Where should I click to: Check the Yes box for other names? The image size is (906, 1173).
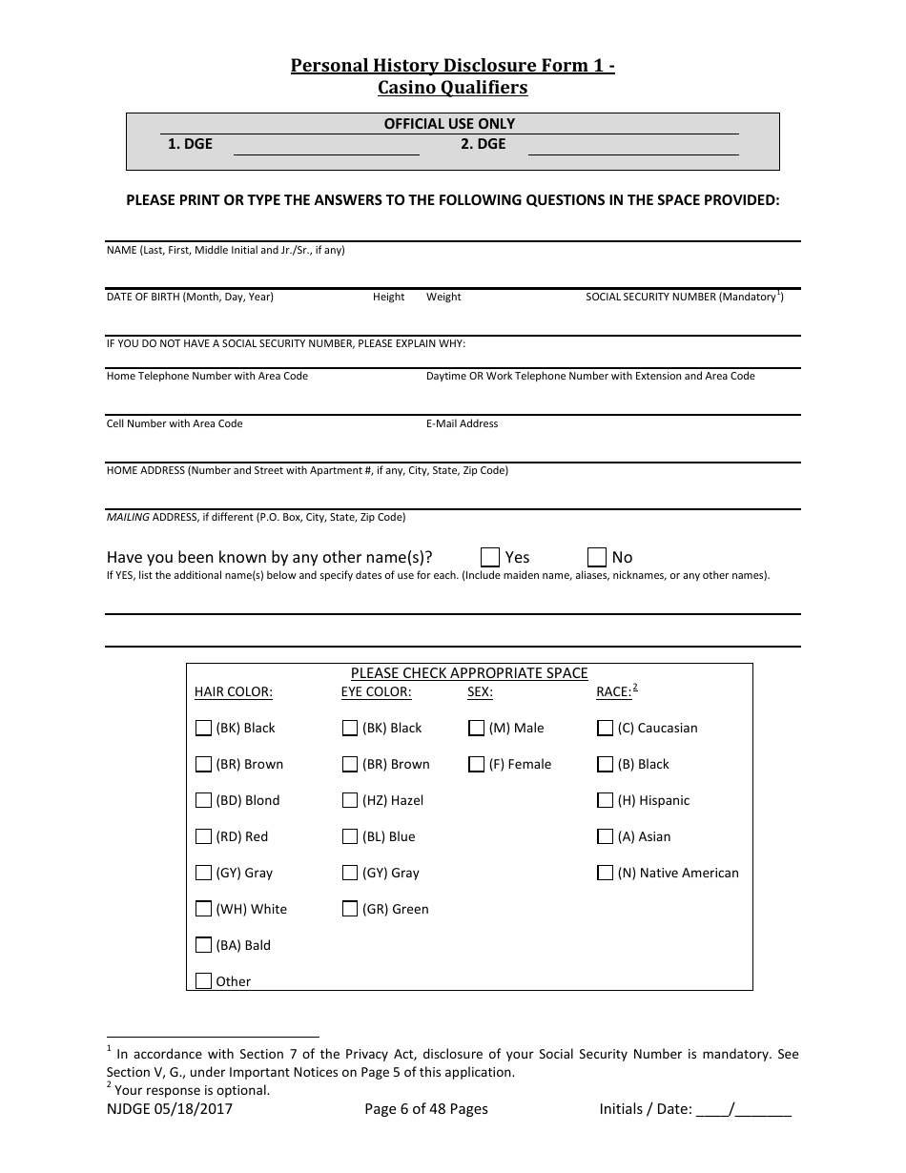(x=490, y=557)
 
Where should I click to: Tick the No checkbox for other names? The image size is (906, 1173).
(x=597, y=557)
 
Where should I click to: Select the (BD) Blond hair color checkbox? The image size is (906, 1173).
(x=203, y=800)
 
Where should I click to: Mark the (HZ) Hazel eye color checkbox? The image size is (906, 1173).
(x=350, y=800)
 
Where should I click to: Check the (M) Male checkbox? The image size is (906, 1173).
(x=477, y=728)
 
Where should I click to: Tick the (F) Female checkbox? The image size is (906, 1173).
(x=477, y=764)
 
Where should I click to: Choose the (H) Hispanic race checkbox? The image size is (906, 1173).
(x=605, y=800)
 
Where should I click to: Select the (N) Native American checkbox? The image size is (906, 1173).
(x=605, y=873)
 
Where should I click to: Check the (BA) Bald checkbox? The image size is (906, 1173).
(x=203, y=945)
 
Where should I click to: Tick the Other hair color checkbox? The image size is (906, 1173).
(x=203, y=980)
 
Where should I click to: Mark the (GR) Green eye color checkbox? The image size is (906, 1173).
(x=350, y=909)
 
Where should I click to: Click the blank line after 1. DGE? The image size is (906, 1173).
(x=326, y=147)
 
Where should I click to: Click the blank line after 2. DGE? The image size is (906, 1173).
(x=633, y=147)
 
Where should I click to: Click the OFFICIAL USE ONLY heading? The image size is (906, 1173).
(x=449, y=124)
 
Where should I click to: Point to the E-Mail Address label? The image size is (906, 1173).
(x=462, y=423)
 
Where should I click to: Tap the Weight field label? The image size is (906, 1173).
(x=443, y=297)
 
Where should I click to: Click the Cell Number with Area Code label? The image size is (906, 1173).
(x=175, y=423)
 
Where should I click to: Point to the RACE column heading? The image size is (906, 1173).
(x=613, y=692)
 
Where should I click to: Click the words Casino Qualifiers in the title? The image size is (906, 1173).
(x=452, y=88)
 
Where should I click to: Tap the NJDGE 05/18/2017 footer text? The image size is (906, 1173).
(x=170, y=1109)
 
